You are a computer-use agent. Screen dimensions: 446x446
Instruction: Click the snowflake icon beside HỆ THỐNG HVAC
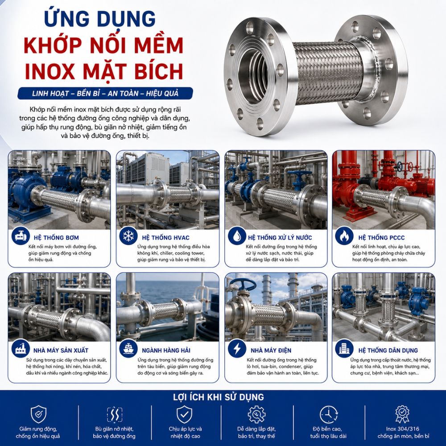point(128,235)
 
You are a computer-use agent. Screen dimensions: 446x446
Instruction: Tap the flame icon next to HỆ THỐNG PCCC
point(344,235)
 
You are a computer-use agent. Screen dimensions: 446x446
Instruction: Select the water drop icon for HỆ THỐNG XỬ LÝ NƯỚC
point(237,235)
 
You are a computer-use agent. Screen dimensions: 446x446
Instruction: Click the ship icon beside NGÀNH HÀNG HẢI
point(128,348)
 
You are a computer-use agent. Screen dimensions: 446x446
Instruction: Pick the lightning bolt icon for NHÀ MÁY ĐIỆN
point(237,348)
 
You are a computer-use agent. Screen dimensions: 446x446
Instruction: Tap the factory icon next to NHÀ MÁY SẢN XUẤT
point(21,348)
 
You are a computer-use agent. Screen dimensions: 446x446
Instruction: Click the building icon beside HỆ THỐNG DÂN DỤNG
point(344,348)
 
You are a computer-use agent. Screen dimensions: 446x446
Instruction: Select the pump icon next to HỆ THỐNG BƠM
point(21,235)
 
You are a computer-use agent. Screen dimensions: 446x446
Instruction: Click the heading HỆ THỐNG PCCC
point(381,238)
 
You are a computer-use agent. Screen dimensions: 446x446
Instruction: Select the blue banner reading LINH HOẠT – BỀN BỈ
point(105,93)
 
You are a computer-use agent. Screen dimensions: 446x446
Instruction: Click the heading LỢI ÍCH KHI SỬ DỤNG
point(219,397)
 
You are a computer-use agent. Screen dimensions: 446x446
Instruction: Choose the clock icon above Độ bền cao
point(329,415)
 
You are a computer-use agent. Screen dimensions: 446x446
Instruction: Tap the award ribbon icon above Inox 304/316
point(402,414)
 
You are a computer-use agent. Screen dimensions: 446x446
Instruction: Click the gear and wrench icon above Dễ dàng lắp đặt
point(256,414)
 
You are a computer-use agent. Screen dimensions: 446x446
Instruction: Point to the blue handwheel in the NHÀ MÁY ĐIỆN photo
point(242,284)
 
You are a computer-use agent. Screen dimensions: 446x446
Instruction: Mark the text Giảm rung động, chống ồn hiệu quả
point(38,432)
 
